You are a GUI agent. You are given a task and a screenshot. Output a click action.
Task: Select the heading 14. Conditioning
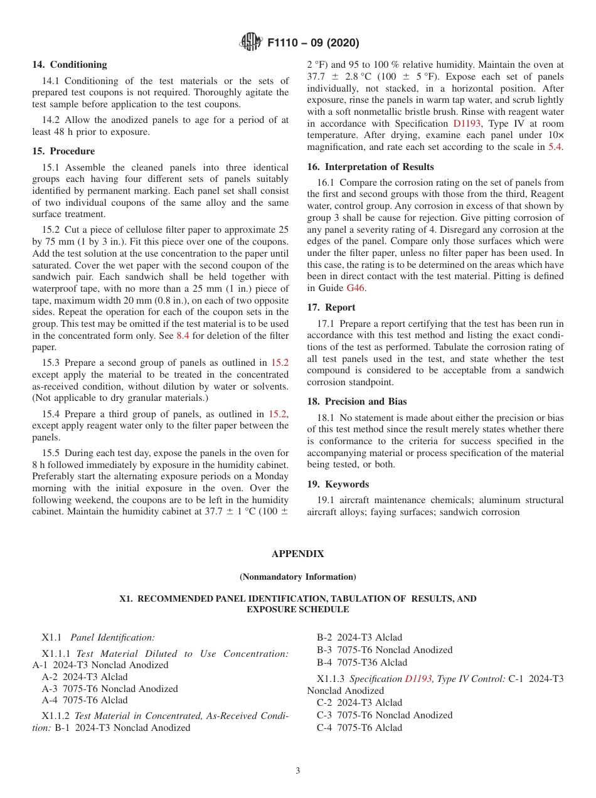[70, 65]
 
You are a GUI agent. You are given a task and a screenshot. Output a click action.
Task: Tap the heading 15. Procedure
[63, 151]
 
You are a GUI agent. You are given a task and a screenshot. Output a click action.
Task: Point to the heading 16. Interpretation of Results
[370, 167]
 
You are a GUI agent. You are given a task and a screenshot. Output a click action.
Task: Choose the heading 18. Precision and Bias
[356, 402]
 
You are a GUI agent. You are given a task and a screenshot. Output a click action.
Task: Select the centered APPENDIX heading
[297, 554]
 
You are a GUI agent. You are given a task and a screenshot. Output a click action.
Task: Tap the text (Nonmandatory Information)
[297, 577]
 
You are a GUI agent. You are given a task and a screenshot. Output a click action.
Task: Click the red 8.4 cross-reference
[183, 336]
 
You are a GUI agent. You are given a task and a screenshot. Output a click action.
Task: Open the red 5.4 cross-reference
[556, 147]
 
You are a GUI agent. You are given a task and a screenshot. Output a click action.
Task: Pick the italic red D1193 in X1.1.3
[418, 679]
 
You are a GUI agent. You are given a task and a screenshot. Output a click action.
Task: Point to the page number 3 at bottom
[298, 771]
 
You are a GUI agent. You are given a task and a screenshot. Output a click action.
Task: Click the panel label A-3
[50, 689]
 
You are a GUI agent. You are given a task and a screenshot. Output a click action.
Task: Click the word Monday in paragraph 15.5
[272, 476]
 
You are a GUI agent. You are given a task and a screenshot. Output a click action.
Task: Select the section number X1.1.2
[56, 716]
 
